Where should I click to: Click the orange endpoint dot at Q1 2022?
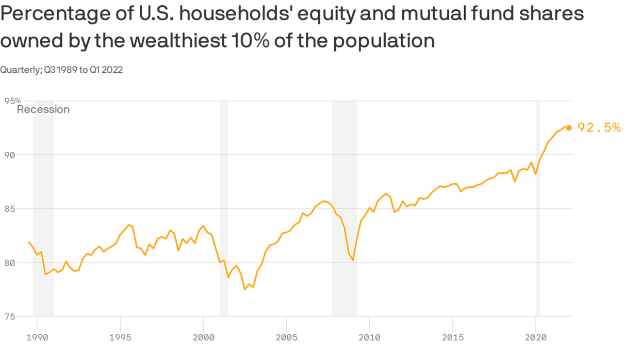pos(568,128)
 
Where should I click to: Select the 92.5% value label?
pos(599,128)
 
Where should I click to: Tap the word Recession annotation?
pos(43,109)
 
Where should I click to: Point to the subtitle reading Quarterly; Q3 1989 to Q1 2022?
pos(61,70)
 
